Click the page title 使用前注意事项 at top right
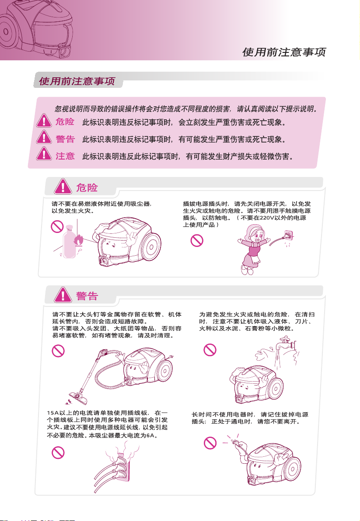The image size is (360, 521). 284,52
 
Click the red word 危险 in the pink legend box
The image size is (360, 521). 65,122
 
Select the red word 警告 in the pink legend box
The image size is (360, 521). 65,139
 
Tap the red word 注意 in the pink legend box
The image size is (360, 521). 65,156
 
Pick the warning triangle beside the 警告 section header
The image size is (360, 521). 63,295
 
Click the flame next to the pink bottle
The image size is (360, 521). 78,240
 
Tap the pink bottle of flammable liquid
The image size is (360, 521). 69,241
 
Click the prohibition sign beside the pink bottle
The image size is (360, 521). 57,227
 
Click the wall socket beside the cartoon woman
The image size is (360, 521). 288,236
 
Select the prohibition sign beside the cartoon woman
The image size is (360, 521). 197,240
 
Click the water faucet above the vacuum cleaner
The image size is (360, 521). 286,343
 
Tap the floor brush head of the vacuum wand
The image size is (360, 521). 77,397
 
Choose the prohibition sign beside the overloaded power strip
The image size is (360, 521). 58,452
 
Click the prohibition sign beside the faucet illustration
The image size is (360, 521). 210,350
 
